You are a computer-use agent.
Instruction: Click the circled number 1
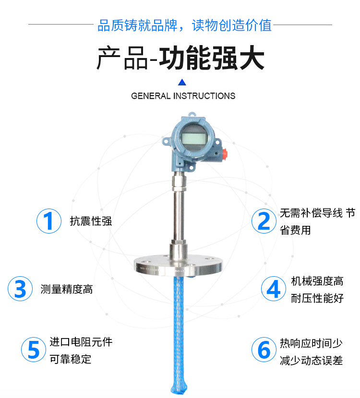click(49, 221)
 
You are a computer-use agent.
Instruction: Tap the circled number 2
click(264, 221)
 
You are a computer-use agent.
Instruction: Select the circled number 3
click(20, 289)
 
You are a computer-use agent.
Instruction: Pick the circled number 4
click(274, 289)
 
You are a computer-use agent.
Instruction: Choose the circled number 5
click(34, 350)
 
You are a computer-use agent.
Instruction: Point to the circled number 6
click(264, 350)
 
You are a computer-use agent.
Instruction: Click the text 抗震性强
click(91, 221)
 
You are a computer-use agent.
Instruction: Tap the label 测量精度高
click(67, 289)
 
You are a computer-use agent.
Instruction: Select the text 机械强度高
click(317, 281)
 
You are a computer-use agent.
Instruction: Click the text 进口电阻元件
click(81, 342)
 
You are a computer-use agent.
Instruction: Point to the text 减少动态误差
click(311, 361)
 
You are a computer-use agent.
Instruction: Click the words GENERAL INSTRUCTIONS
click(183, 96)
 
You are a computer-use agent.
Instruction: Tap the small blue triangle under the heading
click(182, 82)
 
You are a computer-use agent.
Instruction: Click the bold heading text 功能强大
click(212, 58)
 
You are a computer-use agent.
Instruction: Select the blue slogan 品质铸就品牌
click(137, 25)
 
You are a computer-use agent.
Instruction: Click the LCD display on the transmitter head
click(192, 139)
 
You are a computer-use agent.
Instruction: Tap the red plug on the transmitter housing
click(225, 153)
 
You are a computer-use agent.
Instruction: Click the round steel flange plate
click(178, 266)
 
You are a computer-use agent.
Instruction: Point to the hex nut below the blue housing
click(179, 183)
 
